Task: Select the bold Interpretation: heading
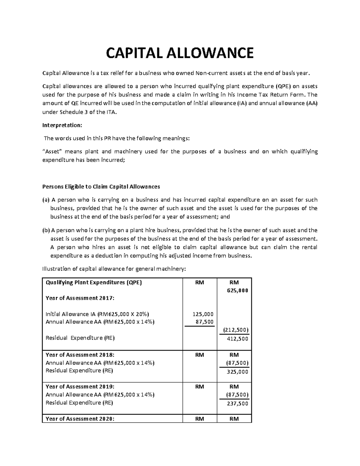[62, 125]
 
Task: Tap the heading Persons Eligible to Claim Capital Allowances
[101, 187]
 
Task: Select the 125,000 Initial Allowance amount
[203, 314]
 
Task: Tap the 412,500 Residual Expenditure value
[237, 339]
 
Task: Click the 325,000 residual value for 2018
[237, 372]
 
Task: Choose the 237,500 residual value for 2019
[237, 404]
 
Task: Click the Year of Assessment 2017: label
[80, 298]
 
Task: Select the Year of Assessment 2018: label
[80, 355]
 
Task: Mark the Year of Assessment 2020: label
[80, 419]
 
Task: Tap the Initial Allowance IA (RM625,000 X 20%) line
[97, 314]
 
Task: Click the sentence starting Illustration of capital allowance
[114, 269]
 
